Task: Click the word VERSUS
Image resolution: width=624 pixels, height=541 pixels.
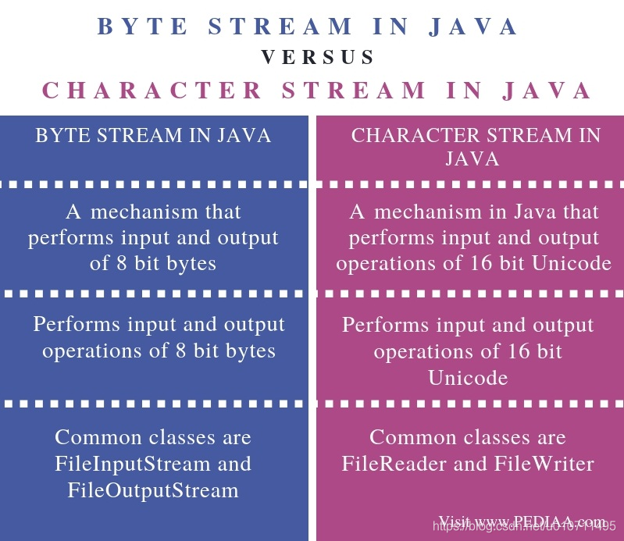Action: click(x=317, y=57)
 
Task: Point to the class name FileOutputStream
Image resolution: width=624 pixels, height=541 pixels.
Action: click(x=153, y=490)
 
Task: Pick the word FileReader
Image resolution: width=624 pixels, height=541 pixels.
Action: click(x=394, y=464)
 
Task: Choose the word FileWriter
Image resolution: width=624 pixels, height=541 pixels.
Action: click(x=546, y=464)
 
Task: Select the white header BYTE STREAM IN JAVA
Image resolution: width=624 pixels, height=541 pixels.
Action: click(x=153, y=135)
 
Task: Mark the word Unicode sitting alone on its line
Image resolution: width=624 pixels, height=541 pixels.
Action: click(x=468, y=378)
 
